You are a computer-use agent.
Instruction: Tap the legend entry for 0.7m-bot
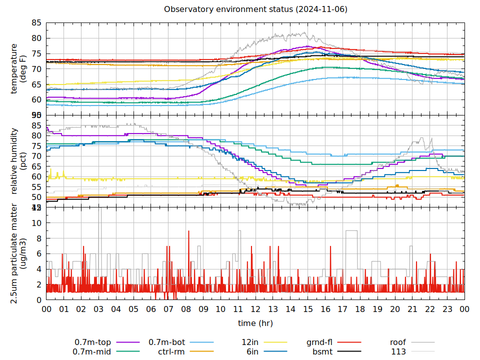(167, 342)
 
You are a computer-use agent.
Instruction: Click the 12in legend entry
(250, 342)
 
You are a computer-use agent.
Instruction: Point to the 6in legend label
(252, 351)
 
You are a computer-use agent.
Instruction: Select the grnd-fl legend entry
(319, 342)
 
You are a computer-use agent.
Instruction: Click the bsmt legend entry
(322, 351)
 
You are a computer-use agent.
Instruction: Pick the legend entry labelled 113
(398, 351)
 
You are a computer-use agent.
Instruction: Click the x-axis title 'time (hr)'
(255, 323)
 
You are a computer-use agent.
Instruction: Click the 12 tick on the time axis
(255, 309)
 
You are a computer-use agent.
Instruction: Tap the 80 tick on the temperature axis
(36, 38)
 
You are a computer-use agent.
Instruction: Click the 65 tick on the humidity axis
(36, 166)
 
